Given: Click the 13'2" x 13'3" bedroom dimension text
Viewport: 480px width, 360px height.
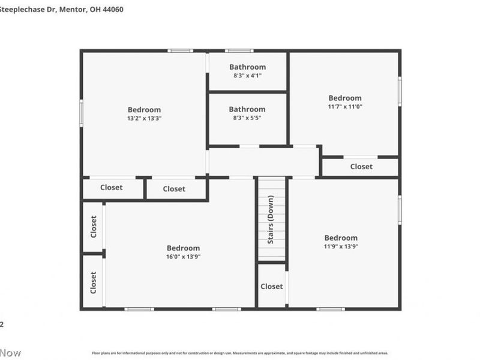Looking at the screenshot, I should click(145, 118).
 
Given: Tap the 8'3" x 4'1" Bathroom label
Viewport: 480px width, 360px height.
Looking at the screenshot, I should click(247, 67).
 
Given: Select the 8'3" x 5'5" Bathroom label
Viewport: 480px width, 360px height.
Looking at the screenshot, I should click(247, 109).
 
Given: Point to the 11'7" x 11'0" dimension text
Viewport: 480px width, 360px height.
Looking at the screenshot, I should click(345, 106).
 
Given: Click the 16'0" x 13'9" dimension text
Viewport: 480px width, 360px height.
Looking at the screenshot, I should click(183, 257).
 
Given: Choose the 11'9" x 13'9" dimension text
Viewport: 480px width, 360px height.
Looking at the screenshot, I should click(341, 246).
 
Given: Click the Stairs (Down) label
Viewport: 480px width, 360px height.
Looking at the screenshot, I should click(271, 220).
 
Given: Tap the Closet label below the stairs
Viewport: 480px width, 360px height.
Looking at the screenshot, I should click(272, 286).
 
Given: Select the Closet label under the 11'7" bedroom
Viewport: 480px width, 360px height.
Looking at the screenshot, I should click(361, 166).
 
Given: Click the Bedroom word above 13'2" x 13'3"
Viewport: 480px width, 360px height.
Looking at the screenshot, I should click(145, 110).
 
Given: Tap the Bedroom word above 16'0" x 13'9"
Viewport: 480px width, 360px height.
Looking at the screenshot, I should click(183, 248).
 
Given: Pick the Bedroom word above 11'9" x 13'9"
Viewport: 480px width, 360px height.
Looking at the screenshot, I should click(341, 238).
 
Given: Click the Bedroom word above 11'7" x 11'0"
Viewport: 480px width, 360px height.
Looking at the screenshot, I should click(345, 98).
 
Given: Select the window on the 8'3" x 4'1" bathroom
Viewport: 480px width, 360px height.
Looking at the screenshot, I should click(239, 50).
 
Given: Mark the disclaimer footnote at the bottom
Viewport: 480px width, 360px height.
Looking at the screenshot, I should click(240, 353).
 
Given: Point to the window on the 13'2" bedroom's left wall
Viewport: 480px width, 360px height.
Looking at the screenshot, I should click(82, 113).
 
